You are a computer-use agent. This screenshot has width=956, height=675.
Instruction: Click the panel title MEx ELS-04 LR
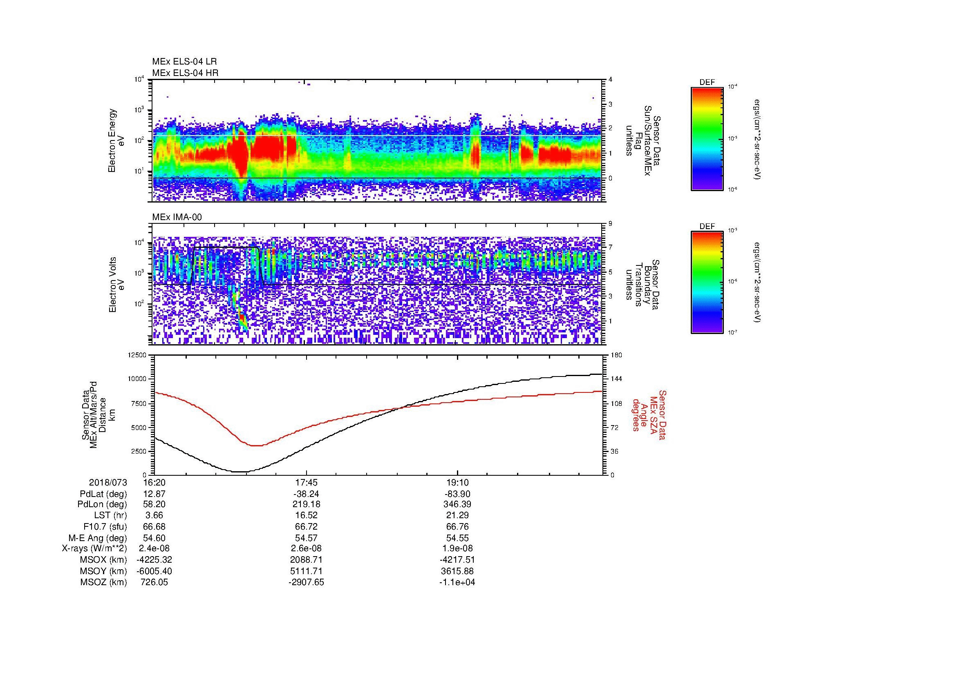[x=184, y=62]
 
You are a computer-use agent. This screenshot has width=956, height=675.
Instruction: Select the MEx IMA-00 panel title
[x=177, y=217]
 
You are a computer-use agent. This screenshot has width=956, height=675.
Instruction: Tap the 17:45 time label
[x=306, y=482]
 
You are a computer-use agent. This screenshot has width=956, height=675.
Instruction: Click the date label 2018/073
[x=108, y=482]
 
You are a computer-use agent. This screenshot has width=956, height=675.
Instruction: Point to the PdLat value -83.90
[x=457, y=494]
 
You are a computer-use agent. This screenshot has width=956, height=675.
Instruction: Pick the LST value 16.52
[x=306, y=515]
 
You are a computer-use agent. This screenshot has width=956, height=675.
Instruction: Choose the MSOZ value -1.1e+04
[x=457, y=582]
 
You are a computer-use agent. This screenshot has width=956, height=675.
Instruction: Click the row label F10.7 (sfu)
[x=105, y=526]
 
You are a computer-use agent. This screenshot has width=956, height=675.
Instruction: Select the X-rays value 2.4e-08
[x=154, y=548]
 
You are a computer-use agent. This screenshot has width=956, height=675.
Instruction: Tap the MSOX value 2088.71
[x=306, y=560]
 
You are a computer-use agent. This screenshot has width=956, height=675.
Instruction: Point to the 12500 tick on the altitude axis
[x=137, y=355]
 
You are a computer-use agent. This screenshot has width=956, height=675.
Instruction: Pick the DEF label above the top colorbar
[x=707, y=82]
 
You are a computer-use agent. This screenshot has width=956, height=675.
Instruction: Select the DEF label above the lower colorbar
[x=707, y=227]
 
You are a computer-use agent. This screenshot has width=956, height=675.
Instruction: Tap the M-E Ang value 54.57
[x=306, y=538]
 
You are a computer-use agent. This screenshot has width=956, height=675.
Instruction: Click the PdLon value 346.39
[x=457, y=504]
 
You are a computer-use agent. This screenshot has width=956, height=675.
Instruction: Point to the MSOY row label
[x=104, y=571]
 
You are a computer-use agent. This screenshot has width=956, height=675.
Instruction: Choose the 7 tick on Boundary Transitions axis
[x=610, y=247]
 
